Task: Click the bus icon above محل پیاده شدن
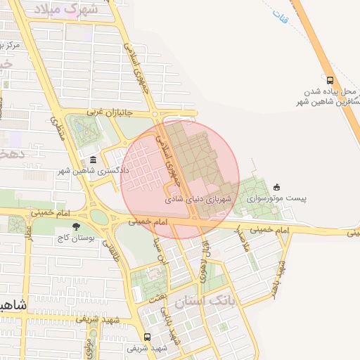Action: pos(330,80)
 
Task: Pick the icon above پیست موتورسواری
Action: pos(276,187)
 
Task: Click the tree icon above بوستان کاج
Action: pos(76,227)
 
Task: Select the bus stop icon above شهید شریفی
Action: pos(148,337)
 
